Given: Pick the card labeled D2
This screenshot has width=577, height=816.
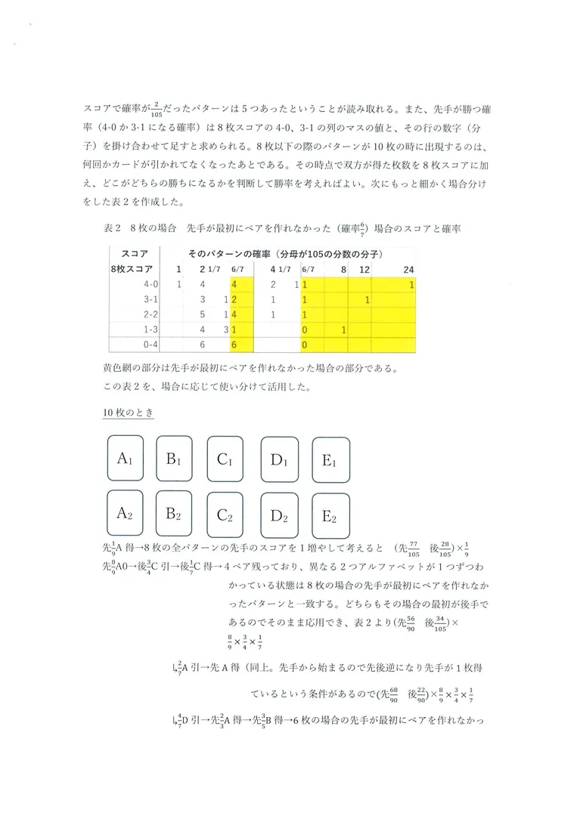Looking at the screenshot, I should pos(281,516).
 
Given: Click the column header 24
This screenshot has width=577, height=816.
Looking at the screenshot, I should pos(409,269).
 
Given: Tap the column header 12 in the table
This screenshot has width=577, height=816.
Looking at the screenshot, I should pos(365,269).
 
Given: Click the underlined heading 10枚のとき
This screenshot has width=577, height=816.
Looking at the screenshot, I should pos(123,413).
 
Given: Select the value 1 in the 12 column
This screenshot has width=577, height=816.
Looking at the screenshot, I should pos(367,300).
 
